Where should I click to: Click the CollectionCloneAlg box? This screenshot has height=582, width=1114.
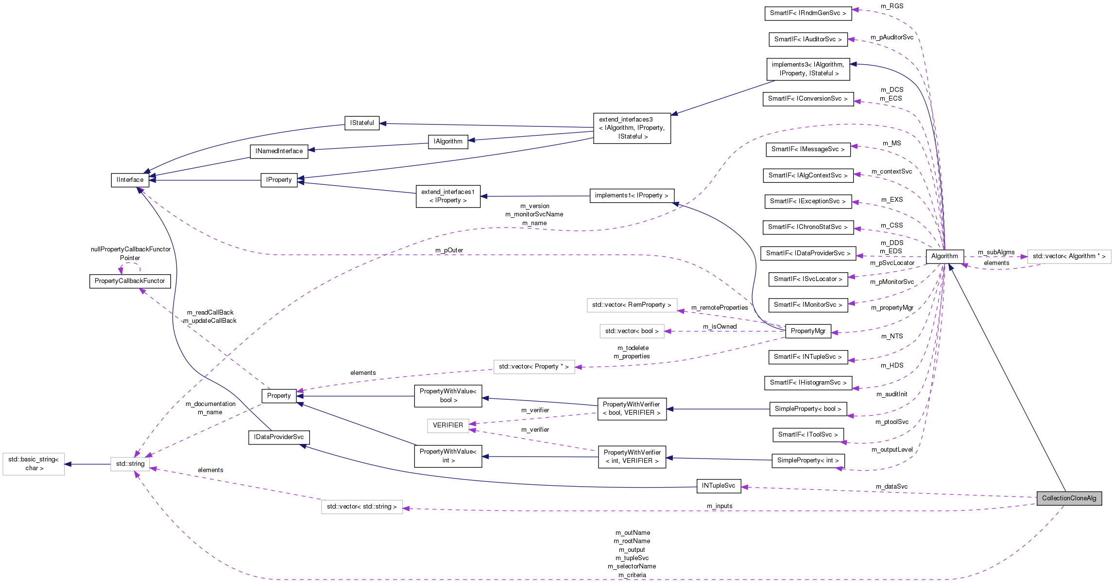pos(1069,498)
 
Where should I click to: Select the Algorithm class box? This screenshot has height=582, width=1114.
pos(944,256)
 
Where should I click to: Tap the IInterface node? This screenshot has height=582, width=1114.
pos(130,180)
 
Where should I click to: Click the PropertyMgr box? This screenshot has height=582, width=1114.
pos(808,331)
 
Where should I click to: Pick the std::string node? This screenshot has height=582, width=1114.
pos(130,464)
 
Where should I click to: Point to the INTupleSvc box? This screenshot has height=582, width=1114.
pos(719,486)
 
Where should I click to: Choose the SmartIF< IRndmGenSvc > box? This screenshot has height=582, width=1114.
pos(807,13)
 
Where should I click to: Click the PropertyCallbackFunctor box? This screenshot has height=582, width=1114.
pos(130,281)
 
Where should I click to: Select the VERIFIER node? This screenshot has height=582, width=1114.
pos(448,425)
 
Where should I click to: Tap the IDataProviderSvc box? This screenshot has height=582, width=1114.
pos(278,437)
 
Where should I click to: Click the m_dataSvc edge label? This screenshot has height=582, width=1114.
pos(891,487)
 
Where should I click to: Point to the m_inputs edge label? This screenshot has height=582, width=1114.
pos(720,506)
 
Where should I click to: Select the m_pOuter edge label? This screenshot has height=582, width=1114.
pos(449,250)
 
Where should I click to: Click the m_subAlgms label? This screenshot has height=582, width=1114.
pos(996,252)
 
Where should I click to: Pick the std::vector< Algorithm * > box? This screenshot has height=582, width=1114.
pos(1069,256)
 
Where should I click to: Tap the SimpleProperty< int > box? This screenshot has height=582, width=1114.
pos(807,460)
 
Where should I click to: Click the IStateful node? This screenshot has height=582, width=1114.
pos(362,123)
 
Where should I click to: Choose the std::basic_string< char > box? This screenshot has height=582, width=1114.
pos(34,464)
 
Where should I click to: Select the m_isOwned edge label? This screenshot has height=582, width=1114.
pos(720,327)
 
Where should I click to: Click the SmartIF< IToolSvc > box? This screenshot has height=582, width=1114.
pos(807,435)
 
